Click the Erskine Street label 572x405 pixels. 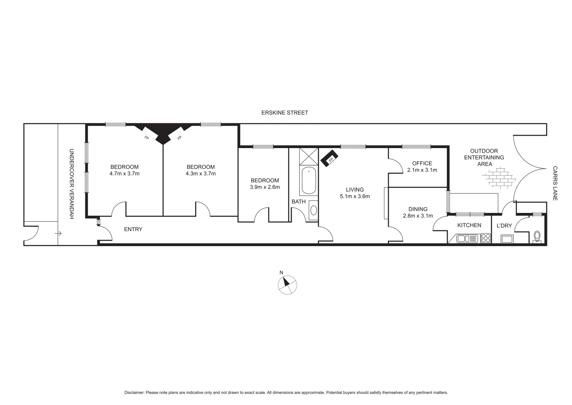point(285,112)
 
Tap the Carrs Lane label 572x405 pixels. point(555,183)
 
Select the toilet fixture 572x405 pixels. point(538,237)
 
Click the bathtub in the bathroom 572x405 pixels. point(309,181)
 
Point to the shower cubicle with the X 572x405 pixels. point(309,156)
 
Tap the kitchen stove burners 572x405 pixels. point(486,238)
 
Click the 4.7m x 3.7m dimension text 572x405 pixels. point(124,174)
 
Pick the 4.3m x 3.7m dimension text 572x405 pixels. point(201,174)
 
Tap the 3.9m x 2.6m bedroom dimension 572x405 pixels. point(265,187)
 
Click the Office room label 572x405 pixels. point(422,163)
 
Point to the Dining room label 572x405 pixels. point(418,209)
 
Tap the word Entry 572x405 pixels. point(133,229)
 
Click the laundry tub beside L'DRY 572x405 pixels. point(508,239)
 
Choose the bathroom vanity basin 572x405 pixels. point(313,210)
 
